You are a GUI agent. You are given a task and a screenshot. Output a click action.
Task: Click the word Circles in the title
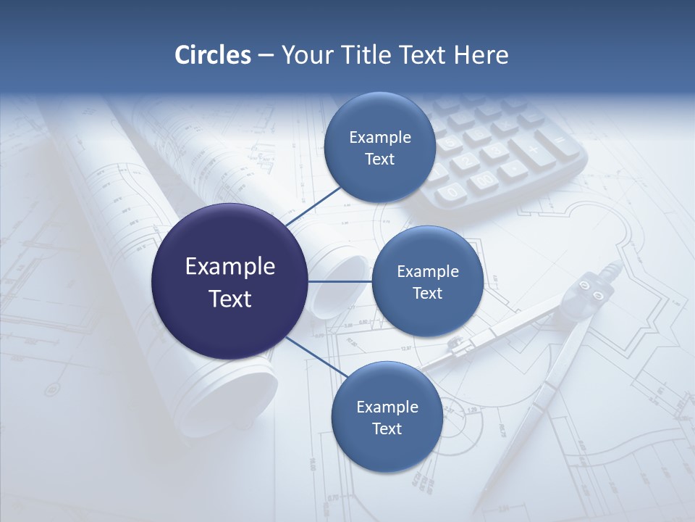(x=213, y=55)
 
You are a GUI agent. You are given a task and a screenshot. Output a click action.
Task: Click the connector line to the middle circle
(x=340, y=281)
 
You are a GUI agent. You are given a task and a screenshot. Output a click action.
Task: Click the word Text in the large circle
(x=229, y=299)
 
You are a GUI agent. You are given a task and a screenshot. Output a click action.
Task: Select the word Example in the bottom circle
(x=387, y=407)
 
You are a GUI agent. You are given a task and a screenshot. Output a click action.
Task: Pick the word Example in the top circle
(x=379, y=137)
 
